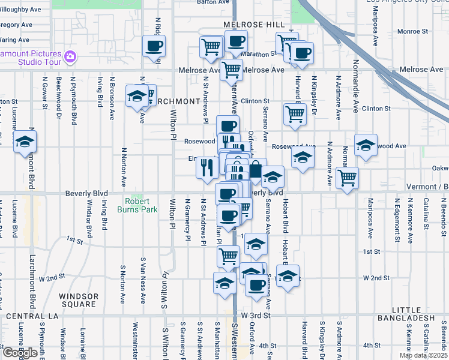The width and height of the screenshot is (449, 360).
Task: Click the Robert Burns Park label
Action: [x=141, y=205]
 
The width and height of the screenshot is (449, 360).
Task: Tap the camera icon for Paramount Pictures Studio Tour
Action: [x=70, y=57]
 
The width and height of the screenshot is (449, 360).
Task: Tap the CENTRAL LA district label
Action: [x=31, y=316]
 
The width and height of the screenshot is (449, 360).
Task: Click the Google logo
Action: [x=19, y=353]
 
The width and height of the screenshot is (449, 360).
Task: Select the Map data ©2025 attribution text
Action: [x=423, y=356]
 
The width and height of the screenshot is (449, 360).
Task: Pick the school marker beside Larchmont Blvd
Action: [x=25, y=142]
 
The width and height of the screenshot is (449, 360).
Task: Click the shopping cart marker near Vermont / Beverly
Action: [x=348, y=178]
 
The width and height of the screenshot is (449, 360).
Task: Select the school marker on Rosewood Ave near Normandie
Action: [x=366, y=145]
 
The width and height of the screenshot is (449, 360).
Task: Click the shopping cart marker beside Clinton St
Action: [x=294, y=113]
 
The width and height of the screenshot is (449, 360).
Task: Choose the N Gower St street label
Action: [x=45, y=93]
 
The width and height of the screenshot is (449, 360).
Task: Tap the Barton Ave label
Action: [x=214, y=2]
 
